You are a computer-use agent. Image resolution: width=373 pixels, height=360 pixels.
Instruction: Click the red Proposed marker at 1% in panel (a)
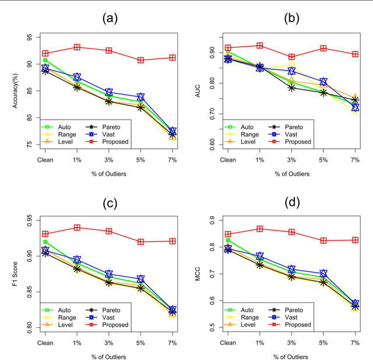(77, 47)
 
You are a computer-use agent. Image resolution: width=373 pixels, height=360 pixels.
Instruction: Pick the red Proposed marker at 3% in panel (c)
(109, 231)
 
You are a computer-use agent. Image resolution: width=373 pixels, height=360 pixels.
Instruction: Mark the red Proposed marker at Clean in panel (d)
(228, 235)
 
